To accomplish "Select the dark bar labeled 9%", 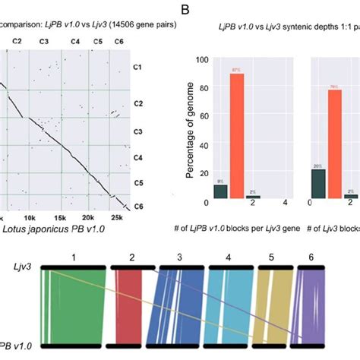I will (x=220, y=191).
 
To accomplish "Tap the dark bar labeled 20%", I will (x=318, y=183).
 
